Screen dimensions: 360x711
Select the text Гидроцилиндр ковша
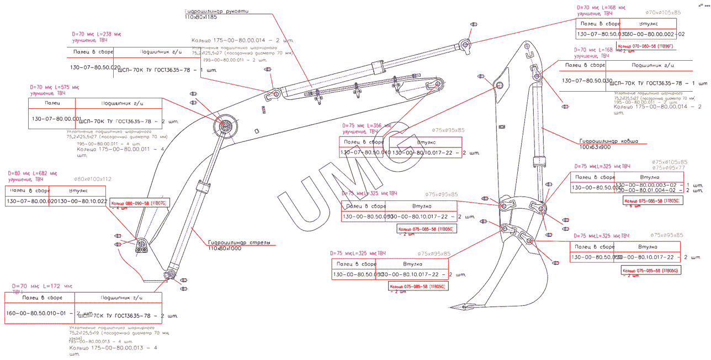608,141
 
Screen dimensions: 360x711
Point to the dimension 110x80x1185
201,18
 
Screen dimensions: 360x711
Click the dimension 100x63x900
595,147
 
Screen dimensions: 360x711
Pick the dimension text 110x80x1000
225,248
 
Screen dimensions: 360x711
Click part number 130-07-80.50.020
95,67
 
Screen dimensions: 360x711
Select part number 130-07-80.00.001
56,119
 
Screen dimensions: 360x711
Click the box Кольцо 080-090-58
138,203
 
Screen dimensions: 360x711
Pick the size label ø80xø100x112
93,179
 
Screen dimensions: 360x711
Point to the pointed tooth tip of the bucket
452,307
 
